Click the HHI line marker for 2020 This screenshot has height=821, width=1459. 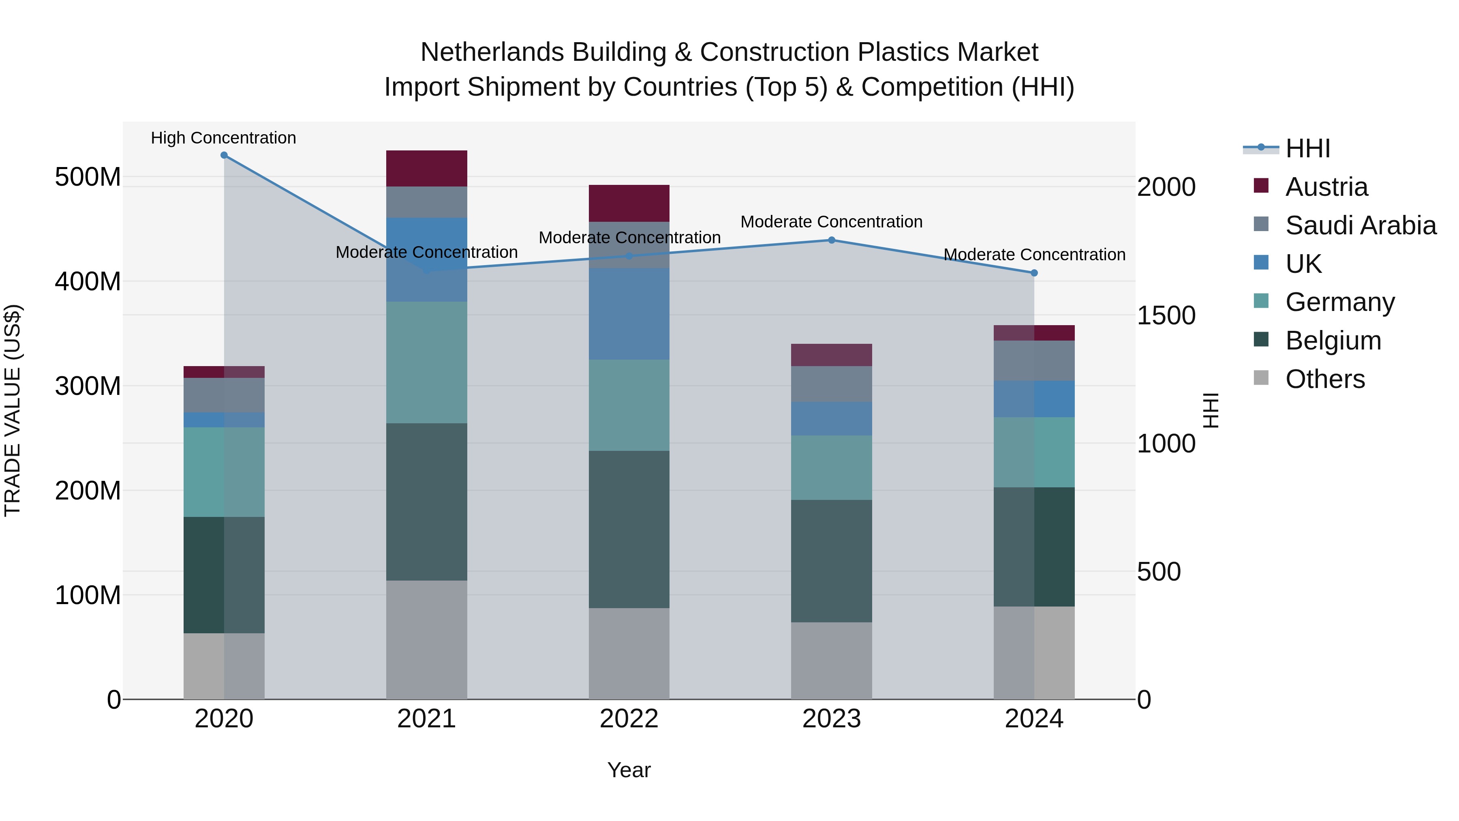point(224,155)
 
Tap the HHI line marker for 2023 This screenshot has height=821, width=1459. point(832,240)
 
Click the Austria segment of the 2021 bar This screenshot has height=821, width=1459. point(426,168)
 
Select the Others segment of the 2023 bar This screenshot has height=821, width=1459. point(832,661)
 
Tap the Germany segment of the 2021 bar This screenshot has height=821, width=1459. point(426,362)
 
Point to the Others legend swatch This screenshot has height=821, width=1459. point(1261,378)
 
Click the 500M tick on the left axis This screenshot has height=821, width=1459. point(88,177)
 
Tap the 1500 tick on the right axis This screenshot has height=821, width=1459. point(1166,315)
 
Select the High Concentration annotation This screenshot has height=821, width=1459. point(223,138)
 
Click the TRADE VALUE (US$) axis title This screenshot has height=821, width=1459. point(13,410)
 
